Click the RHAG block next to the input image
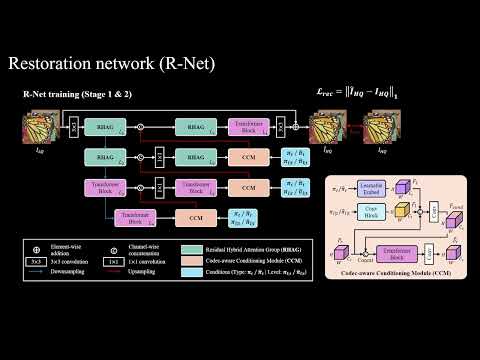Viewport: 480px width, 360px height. point(103,127)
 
